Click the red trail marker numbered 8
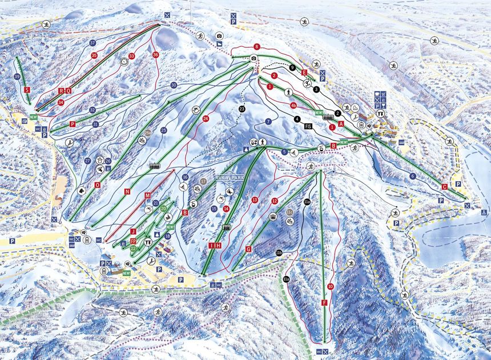(x=257, y=46)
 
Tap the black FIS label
(x=308, y=126)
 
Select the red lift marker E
(x=304, y=73)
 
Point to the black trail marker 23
(x=242, y=109)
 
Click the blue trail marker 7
(x=268, y=121)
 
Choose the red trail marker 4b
(x=293, y=105)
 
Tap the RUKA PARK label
(x=229, y=178)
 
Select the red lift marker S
(x=27, y=90)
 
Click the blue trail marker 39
(x=17, y=77)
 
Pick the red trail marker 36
(x=156, y=54)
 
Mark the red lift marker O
(x=98, y=185)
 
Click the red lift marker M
(x=147, y=195)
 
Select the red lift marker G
(x=248, y=249)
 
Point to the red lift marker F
(x=324, y=303)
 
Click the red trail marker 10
(x=330, y=286)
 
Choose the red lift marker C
(x=444, y=186)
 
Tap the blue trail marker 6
(x=412, y=177)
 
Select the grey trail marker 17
(x=203, y=181)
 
